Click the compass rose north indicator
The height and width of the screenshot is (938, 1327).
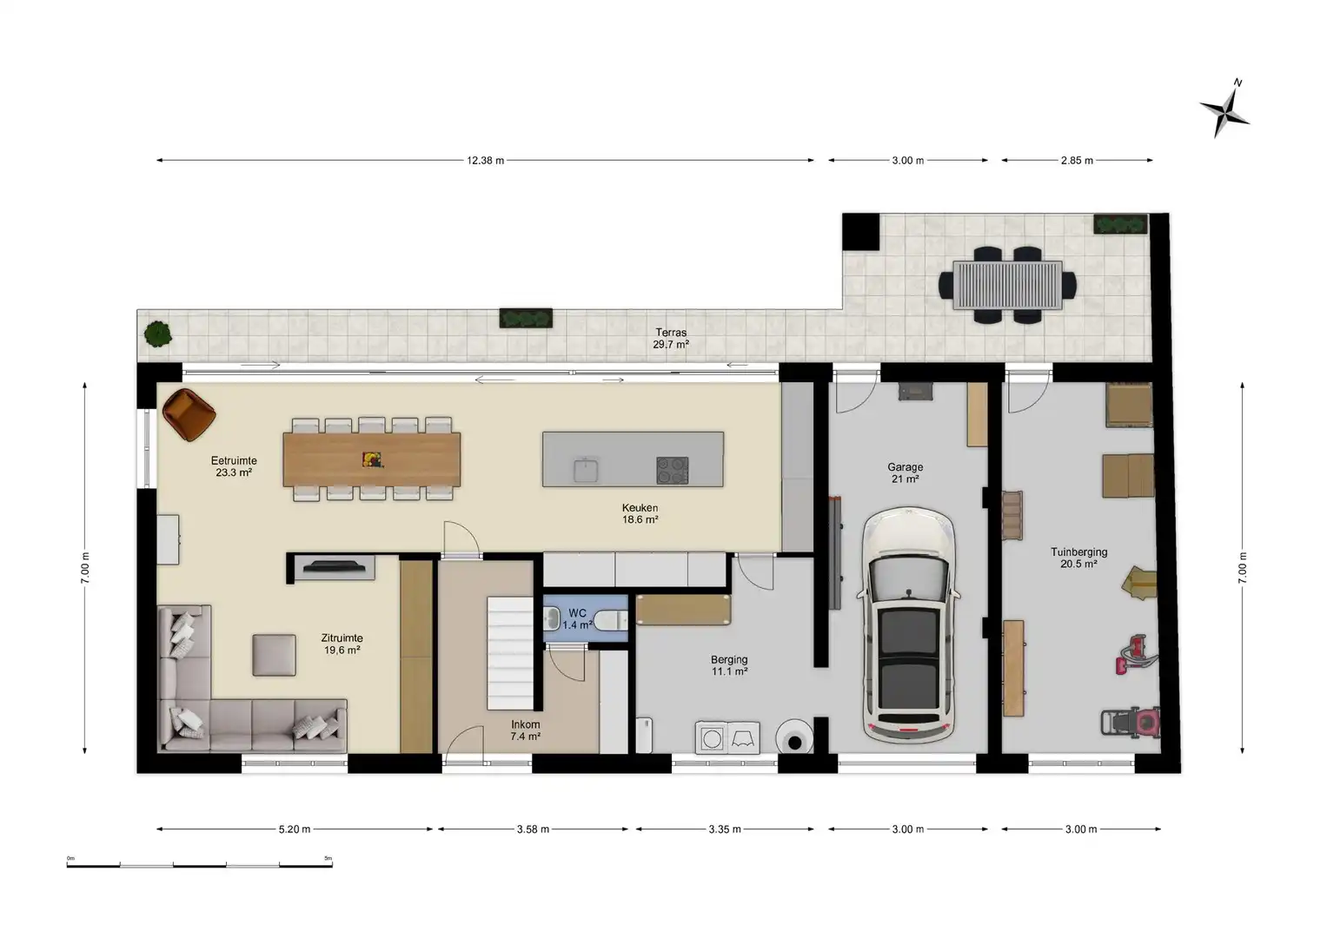[1224, 109]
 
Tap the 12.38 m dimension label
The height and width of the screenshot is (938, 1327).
[485, 161]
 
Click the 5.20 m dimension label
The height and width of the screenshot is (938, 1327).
[295, 829]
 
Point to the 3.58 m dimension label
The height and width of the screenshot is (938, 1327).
[533, 829]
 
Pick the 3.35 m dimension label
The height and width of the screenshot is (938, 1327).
[725, 829]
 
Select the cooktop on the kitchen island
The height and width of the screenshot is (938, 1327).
[672, 470]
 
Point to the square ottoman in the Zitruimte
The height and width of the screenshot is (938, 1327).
[274, 655]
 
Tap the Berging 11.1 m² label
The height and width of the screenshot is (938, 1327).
[729, 665]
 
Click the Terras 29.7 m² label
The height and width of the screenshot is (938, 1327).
[670, 339]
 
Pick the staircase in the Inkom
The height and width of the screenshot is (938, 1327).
[510, 653]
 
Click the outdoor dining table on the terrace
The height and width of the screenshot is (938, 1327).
[1007, 285]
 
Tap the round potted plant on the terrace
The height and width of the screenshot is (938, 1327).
[157, 334]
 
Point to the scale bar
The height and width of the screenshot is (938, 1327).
[199, 864]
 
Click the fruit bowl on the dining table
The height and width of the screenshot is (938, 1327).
[371, 459]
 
